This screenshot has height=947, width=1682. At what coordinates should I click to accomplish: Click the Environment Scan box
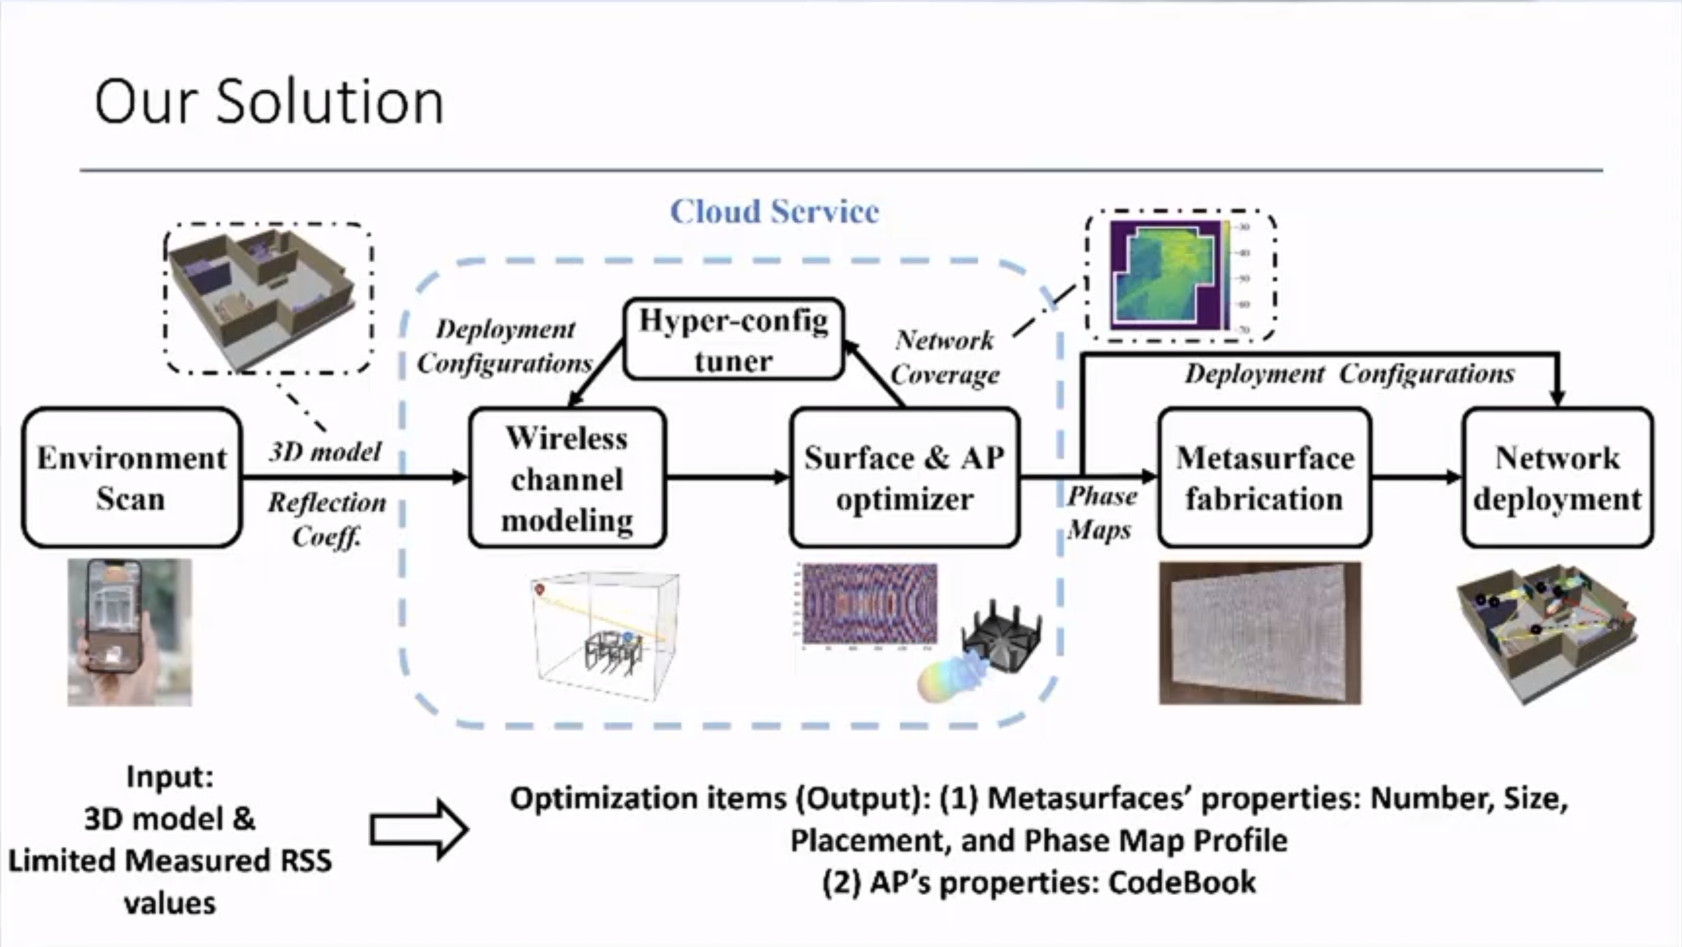132,477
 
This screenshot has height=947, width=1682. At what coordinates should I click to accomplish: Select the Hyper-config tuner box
733,339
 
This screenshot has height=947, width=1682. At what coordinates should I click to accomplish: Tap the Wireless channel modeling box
567,478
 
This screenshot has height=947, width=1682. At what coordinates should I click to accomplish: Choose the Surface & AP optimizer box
904,478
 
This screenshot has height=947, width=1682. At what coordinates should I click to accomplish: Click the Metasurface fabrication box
1264,478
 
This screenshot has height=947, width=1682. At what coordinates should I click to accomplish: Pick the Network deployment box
1557,478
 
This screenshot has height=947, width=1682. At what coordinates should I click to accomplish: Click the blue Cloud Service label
774,212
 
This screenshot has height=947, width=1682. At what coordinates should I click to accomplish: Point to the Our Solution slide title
269,102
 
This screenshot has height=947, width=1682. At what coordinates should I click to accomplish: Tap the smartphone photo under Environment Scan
130,631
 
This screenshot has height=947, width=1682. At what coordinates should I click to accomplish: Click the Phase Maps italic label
1101,513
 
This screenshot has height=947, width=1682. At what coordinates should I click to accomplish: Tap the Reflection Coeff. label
327,519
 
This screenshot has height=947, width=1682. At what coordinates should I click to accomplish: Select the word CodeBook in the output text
1182,883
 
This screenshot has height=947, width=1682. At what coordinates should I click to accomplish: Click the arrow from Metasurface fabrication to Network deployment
1416,477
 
